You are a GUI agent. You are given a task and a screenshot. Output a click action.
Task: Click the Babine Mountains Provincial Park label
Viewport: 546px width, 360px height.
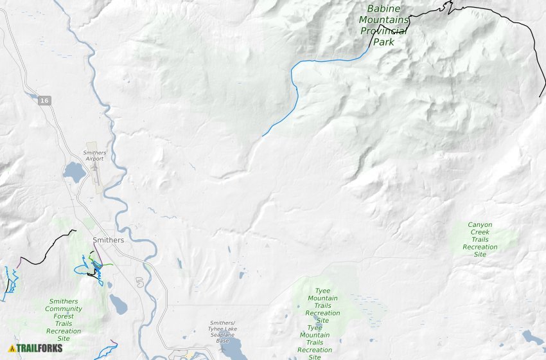click(x=383, y=26)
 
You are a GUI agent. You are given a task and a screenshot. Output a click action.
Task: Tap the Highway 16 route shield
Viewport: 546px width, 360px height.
click(x=44, y=101)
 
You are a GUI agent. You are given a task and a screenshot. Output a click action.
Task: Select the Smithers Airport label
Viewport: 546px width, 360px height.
click(x=94, y=156)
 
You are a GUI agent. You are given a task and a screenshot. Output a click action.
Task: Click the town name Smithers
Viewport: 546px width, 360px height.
click(x=108, y=240)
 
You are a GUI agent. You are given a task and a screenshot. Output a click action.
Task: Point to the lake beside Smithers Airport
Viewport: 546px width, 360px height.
click(x=73, y=172)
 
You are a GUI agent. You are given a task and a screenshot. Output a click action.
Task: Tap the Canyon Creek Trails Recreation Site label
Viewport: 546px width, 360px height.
click(x=480, y=240)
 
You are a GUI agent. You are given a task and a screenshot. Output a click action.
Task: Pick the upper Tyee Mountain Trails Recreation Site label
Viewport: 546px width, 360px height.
click(x=322, y=305)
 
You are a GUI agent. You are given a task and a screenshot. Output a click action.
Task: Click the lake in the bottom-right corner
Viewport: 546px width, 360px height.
click(x=533, y=337)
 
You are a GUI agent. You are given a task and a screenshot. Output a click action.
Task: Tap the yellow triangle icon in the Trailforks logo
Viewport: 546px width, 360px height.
click(x=12, y=348)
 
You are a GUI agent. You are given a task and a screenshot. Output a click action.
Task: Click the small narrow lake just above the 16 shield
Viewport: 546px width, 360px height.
click(x=32, y=96)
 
